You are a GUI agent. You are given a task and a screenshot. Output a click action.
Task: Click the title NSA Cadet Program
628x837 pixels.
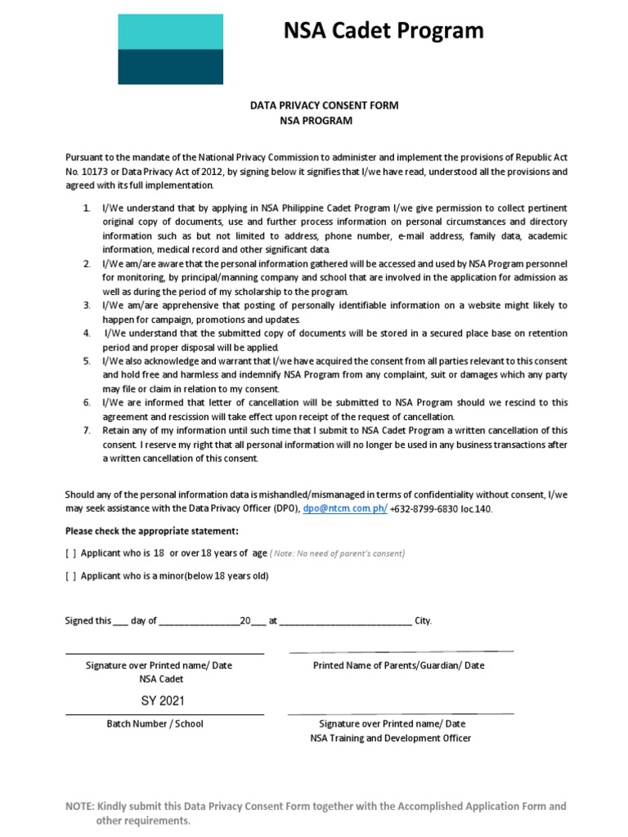pyautogui.click(x=384, y=31)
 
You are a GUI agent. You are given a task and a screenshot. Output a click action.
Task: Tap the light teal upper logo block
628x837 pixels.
pyautogui.click(x=170, y=32)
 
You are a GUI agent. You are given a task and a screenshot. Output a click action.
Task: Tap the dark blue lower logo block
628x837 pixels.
pyautogui.click(x=170, y=66)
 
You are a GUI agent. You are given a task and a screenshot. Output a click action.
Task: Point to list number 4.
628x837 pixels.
pyautogui.click(x=86, y=333)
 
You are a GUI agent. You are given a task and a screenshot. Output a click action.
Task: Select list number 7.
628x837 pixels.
pyautogui.click(x=86, y=430)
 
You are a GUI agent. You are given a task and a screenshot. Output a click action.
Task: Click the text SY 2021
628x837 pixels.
pyautogui.click(x=163, y=700)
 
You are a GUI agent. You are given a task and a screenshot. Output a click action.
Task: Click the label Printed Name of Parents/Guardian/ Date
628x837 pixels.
pyautogui.click(x=399, y=665)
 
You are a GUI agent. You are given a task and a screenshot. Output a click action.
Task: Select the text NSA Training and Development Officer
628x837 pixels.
pyautogui.click(x=391, y=738)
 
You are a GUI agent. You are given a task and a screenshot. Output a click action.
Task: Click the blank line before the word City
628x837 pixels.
pyautogui.click(x=346, y=621)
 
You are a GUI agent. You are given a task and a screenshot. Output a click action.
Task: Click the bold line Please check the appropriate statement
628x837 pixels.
pyautogui.click(x=152, y=530)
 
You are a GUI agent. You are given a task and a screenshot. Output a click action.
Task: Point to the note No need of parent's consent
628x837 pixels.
pyautogui.click(x=337, y=553)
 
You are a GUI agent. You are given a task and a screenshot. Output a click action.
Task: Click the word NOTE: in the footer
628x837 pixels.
pyautogui.click(x=79, y=806)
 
